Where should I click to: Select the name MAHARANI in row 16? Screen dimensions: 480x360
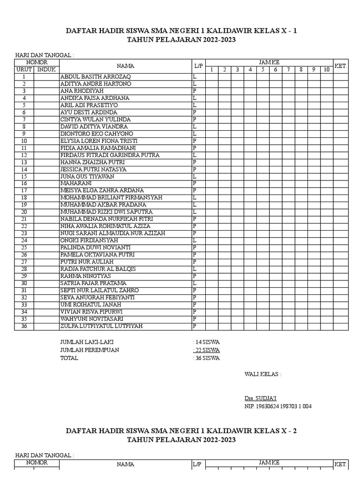[75, 183]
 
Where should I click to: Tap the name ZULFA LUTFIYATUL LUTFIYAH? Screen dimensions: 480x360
[101, 326]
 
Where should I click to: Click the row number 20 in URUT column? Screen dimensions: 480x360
[24, 212]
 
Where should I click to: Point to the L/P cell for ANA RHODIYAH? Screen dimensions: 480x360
[194, 91]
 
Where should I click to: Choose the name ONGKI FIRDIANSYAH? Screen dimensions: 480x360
[89, 240]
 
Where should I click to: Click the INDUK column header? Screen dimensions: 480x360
[46, 69]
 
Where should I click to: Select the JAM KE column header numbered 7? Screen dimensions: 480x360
[289, 70]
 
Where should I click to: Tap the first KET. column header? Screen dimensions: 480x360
[340, 66]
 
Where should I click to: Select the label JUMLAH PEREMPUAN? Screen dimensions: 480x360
[90, 350]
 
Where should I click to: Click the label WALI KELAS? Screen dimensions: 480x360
[263, 374]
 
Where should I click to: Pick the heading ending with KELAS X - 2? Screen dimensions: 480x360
[181, 431]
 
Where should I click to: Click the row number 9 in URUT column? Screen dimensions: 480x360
[24, 134]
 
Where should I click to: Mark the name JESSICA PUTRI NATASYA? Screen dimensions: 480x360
[93, 169]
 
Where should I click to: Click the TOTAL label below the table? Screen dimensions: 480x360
[69, 358]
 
